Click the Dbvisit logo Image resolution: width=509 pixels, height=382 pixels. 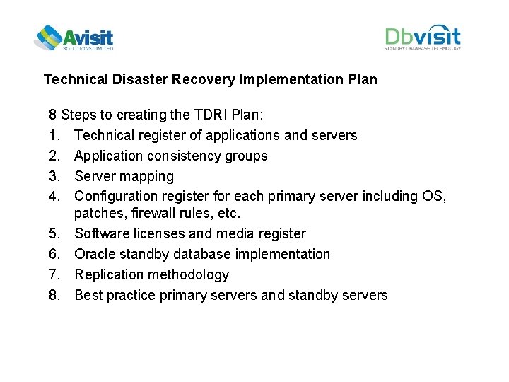click(423, 37)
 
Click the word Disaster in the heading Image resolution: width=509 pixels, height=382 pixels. click(139, 79)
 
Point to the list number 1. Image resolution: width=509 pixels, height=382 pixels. click(54, 135)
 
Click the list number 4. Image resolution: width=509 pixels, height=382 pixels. click(54, 196)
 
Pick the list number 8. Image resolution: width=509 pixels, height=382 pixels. click(54, 295)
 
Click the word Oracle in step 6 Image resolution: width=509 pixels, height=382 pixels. click(95, 254)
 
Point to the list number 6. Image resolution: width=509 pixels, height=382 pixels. click(54, 254)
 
